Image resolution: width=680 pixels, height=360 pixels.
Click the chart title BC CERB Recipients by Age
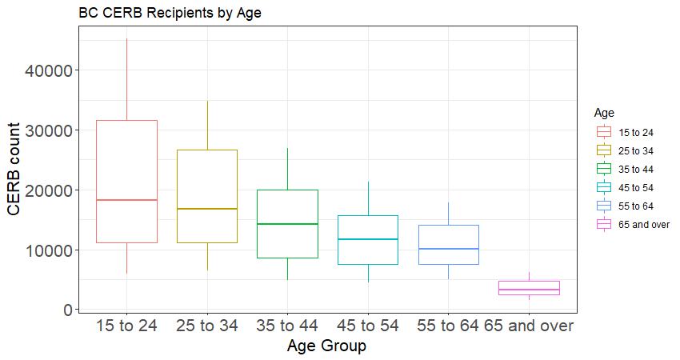click(x=170, y=13)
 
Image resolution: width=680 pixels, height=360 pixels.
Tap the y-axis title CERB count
click(x=14, y=169)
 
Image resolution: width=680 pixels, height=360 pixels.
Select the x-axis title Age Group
click(x=326, y=346)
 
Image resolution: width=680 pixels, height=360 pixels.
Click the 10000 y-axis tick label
click(x=48, y=250)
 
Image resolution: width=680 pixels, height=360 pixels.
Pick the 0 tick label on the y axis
click(x=68, y=310)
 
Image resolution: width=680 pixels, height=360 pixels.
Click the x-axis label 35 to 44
click(x=287, y=326)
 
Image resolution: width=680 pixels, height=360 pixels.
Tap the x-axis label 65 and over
click(x=529, y=326)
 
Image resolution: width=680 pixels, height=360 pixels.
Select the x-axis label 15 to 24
click(x=126, y=326)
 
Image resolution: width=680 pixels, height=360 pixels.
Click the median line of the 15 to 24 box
click(x=126, y=200)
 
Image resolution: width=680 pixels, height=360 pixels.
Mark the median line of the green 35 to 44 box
click(x=287, y=224)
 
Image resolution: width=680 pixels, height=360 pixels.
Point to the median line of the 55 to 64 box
click(x=449, y=249)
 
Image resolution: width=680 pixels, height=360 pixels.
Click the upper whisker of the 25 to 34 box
click(x=207, y=126)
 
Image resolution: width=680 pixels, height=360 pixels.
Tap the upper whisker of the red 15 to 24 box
click(x=126, y=79)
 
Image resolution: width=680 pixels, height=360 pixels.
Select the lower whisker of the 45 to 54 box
click(x=368, y=274)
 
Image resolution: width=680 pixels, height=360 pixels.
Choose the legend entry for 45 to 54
click(x=625, y=187)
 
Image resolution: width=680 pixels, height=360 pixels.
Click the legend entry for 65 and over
click(x=633, y=224)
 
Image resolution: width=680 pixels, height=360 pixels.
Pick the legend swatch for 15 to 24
click(x=604, y=132)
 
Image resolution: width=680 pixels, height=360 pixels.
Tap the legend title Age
click(x=604, y=113)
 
